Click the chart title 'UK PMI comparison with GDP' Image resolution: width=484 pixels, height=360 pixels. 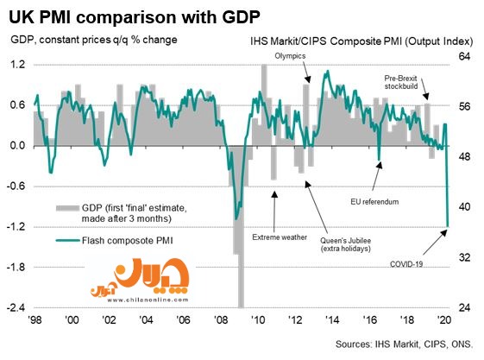tap(135, 17)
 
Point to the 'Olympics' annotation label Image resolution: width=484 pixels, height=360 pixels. tap(290, 56)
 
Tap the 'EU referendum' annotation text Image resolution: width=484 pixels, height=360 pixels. tap(374, 202)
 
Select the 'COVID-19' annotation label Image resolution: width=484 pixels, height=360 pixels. tap(406, 264)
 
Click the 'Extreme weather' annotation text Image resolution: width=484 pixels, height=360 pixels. tap(280, 237)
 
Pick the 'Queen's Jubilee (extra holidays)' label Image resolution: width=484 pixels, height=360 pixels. tap(345, 244)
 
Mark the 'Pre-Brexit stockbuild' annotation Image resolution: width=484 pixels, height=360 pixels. tap(401, 82)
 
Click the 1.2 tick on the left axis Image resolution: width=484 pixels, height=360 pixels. tap(17, 65)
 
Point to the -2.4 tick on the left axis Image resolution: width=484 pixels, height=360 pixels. tap(16, 307)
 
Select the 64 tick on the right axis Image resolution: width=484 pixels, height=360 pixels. tap(464, 57)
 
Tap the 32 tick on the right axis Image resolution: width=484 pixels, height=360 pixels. tap(464, 257)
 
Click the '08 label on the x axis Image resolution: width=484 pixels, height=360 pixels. tap(221, 320)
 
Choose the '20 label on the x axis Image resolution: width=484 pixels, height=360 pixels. tap(444, 320)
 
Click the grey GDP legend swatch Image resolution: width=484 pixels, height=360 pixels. tap(67, 208)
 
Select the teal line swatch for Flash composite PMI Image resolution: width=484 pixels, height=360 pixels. tap(67, 240)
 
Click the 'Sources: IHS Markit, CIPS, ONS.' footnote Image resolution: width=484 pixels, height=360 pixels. tap(404, 344)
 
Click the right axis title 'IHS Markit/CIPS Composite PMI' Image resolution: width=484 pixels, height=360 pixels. tap(326, 41)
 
